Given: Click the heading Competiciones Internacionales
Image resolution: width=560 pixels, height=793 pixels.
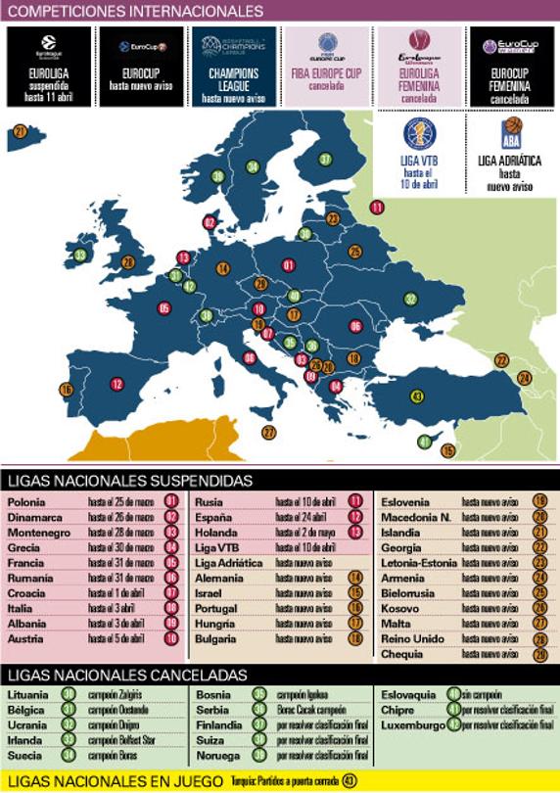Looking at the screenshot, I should (x=134, y=12).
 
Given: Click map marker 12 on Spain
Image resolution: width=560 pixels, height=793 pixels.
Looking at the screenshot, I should (x=117, y=384).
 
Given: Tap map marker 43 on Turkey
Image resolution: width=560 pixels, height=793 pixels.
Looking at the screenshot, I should (x=417, y=396).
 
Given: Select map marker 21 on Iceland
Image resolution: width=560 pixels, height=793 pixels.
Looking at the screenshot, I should (x=21, y=131).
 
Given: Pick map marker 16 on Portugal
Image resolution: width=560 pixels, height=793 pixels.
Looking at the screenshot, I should (x=66, y=390).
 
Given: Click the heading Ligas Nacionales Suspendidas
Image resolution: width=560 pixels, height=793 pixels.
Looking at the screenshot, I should (x=130, y=481).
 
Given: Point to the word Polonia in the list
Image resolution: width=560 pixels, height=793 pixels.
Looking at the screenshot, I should (x=25, y=502).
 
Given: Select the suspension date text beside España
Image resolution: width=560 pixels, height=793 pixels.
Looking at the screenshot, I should (x=299, y=517).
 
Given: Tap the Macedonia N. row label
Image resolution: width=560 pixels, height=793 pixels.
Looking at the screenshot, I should (x=415, y=517).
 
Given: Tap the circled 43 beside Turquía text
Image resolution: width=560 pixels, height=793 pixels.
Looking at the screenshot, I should (x=350, y=780).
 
